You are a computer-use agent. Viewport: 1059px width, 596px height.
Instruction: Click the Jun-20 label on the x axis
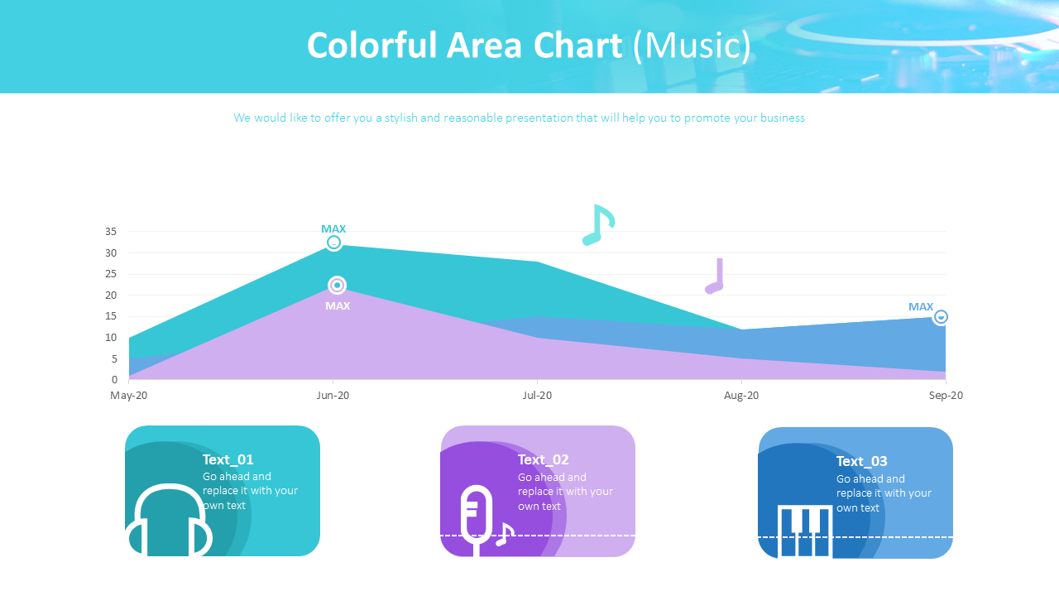click(x=333, y=396)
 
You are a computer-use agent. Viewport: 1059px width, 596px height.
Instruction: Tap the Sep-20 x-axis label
click(x=946, y=396)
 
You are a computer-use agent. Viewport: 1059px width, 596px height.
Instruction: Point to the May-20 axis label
click(x=129, y=396)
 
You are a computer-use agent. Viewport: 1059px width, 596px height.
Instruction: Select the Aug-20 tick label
click(x=741, y=396)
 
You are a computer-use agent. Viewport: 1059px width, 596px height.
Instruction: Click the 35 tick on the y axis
click(x=111, y=232)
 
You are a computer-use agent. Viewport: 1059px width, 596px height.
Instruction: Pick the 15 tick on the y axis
click(x=111, y=316)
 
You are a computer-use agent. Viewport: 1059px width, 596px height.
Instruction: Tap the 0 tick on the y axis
click(x=114, y=380)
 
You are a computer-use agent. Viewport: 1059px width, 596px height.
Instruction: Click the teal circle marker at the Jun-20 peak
click(x=333, y=243)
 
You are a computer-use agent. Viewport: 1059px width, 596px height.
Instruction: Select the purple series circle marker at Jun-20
click(x=337, y=286)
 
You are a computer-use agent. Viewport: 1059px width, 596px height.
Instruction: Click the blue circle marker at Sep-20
click(x=941, y=317)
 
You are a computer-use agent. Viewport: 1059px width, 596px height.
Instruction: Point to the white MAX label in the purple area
click(x=338, y=305)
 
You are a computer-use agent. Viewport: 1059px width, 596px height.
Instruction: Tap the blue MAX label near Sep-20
click(x=921, y=306)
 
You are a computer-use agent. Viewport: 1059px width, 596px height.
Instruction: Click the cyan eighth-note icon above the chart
click(x=598, y=225)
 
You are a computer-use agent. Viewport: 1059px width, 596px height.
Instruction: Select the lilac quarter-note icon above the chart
click(x=715, y=276)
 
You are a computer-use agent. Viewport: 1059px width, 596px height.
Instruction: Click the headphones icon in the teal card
click(x=169, y=521)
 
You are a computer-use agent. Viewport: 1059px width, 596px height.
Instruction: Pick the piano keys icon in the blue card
click(x=804, y=531)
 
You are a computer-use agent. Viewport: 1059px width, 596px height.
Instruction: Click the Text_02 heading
click(x=543, y=459)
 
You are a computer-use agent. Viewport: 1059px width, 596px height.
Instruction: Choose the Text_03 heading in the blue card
click(x=861, y=461)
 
